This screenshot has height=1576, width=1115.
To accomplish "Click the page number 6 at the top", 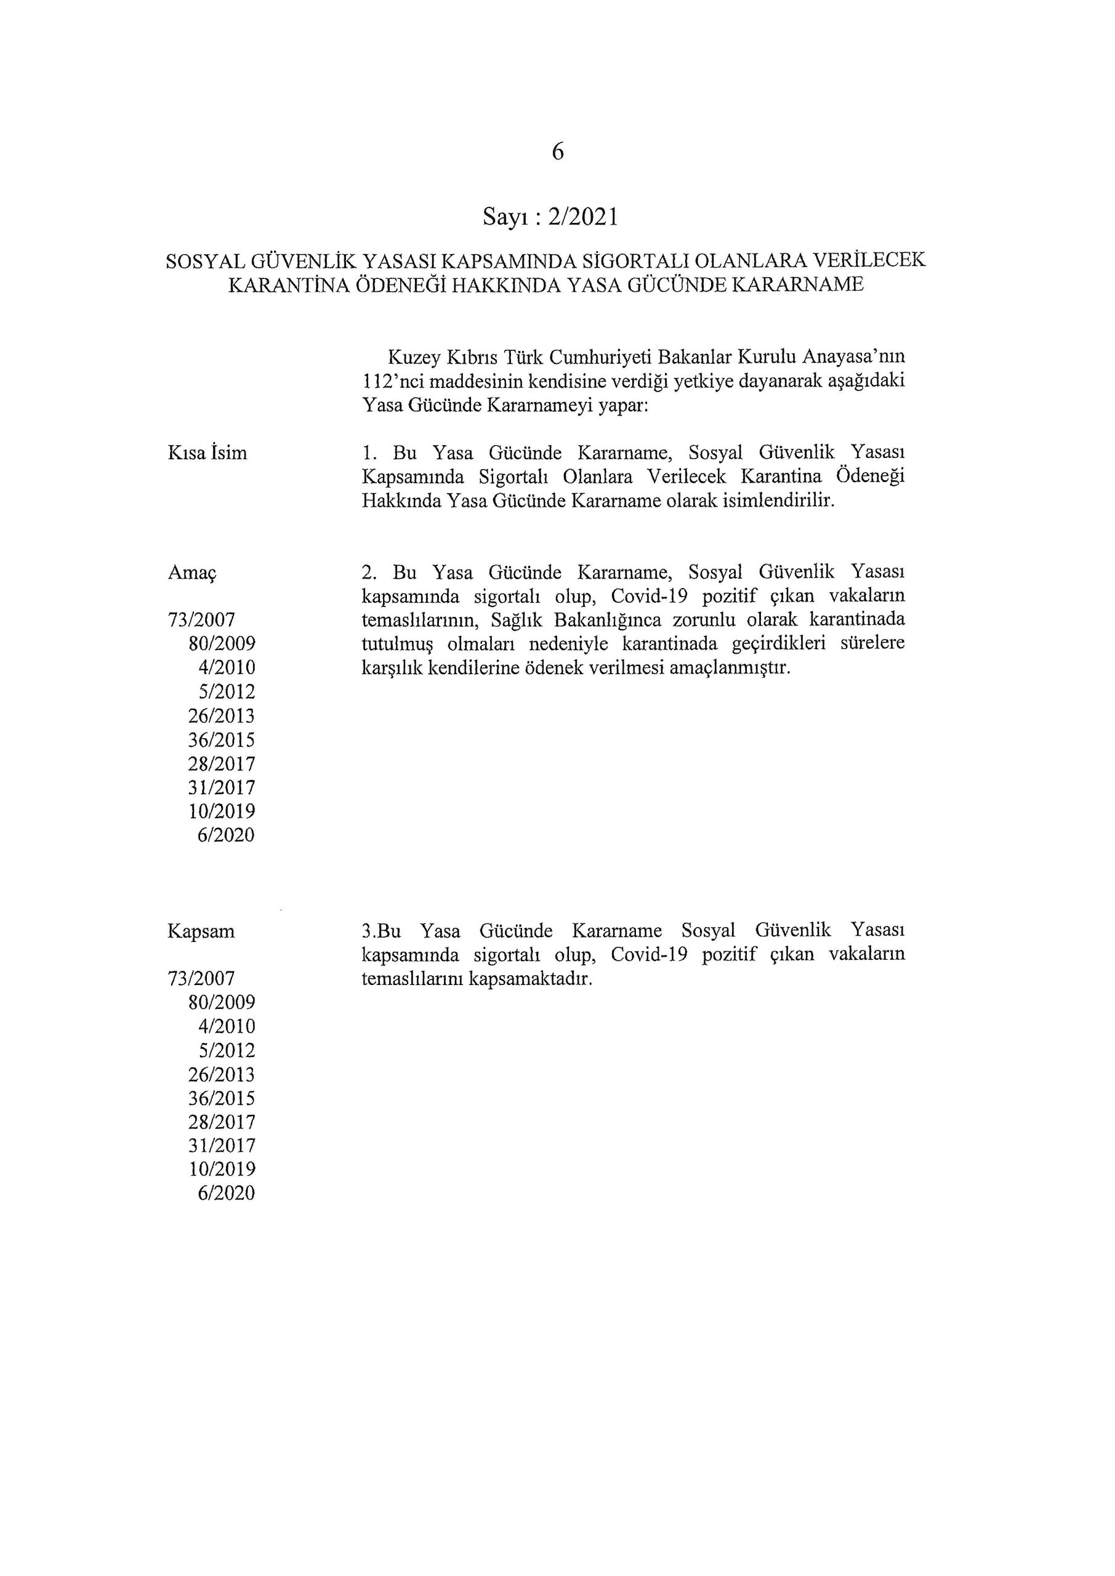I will [558, 151].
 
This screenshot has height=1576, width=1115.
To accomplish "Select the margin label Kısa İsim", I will [207, 453].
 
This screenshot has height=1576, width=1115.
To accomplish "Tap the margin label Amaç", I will [191, 573].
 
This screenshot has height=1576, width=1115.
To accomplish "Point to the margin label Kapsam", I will [201, 931].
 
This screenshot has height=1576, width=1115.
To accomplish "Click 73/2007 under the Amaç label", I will [201, 621].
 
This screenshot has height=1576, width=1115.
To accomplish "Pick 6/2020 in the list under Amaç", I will [226, 835].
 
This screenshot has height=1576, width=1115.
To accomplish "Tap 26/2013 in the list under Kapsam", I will [221, 1075].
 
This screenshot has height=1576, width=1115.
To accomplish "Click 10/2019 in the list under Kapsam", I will [221, 1170].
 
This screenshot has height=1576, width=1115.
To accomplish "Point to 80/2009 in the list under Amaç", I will [221, 645].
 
